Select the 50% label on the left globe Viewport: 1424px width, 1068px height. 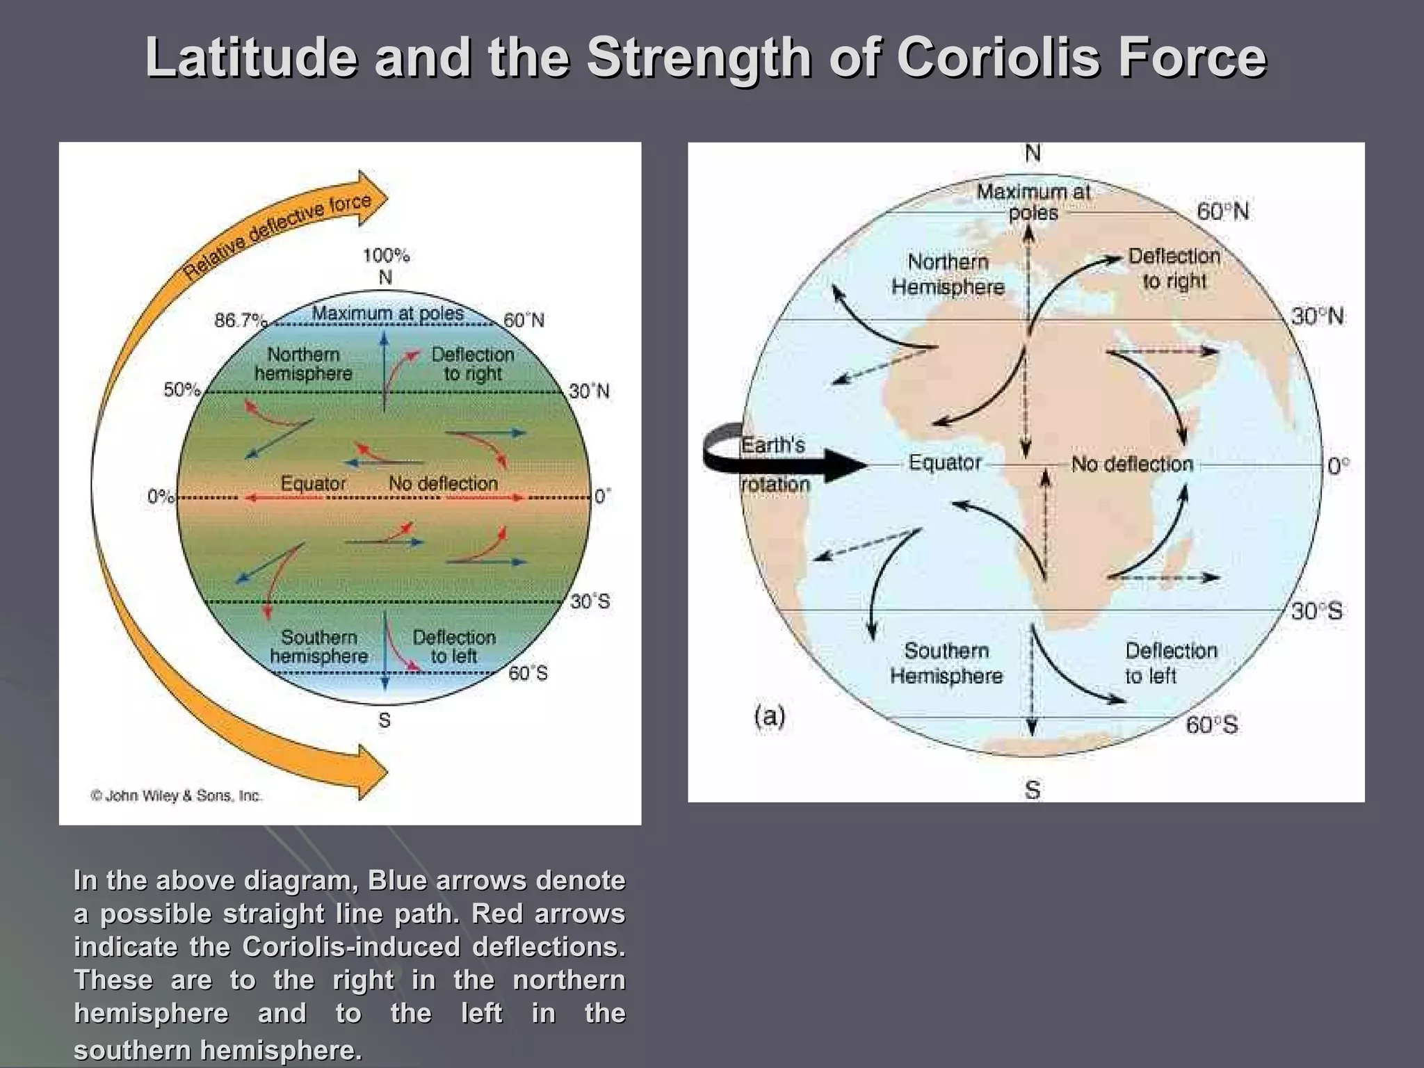coord(181,390)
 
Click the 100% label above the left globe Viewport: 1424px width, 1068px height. coord(386,255)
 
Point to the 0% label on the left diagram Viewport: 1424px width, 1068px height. coord(160,496)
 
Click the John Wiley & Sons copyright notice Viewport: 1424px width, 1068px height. coord(176,795)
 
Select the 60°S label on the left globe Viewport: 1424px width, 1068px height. coord(528,673)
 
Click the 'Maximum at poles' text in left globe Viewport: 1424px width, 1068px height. coord(387,313)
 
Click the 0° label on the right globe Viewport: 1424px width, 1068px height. coord(1338,466)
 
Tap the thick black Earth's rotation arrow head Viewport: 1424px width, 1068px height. coord(850,465)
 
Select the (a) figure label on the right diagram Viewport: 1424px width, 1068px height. coord(770,715)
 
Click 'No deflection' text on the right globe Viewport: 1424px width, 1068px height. coord(1132,464)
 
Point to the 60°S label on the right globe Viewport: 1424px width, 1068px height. coord(1212,725)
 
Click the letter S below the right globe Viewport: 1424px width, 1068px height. coord(1033,790)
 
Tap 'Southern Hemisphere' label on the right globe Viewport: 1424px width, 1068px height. coord(946,663)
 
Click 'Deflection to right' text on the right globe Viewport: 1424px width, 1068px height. coord(1174,268)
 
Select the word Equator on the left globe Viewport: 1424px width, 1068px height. coord(313,483)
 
